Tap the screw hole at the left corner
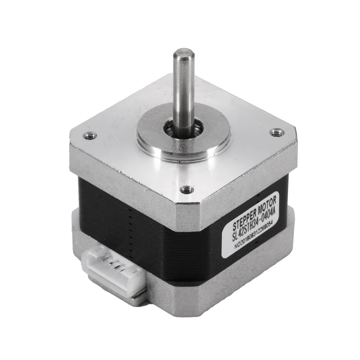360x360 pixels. [x=89, y=135]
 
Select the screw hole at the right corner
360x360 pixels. [x=275, y=132]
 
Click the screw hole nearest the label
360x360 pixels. [x=185, y=189]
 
